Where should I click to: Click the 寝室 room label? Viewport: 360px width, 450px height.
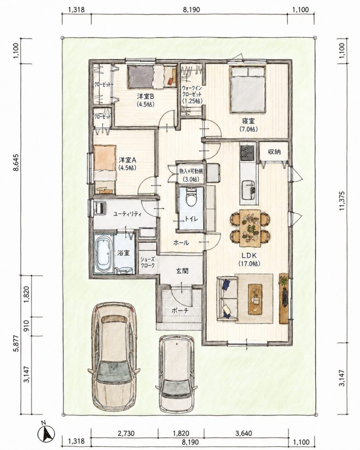[x=248, y=122]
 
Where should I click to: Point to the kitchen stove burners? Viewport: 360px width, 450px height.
[x=247, y=152]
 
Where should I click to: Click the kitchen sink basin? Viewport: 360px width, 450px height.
[x=247, y=190]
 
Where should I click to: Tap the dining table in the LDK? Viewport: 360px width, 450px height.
[x=250, y=228]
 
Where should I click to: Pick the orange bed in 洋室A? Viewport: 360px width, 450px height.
[x=105, y=169]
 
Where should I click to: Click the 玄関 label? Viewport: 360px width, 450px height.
[x=182, y=270]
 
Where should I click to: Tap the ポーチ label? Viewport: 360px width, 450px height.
[x=181, y=310]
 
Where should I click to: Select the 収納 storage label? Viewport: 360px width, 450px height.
[x=274, y=152]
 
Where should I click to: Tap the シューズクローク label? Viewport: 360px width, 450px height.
[x=148, y=262]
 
